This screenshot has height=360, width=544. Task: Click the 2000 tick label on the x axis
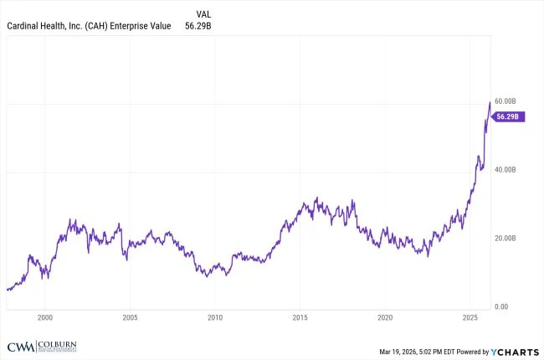coord(45,318)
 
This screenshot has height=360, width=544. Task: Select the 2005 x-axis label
coord(130,318)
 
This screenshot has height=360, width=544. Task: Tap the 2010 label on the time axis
coord(215,318)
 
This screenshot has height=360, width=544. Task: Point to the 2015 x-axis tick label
coord(300,318)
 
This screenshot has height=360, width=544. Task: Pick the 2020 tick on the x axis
coord(385,318)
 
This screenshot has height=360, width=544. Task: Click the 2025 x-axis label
coord(470,318)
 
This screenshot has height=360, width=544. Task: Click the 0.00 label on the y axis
coord(502,306)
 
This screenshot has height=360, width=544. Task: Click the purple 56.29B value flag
coord(509,117)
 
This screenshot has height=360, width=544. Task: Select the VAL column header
coord(203,14)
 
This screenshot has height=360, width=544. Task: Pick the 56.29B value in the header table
coord(199,26)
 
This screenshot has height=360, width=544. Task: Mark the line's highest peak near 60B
coord(490,102)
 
